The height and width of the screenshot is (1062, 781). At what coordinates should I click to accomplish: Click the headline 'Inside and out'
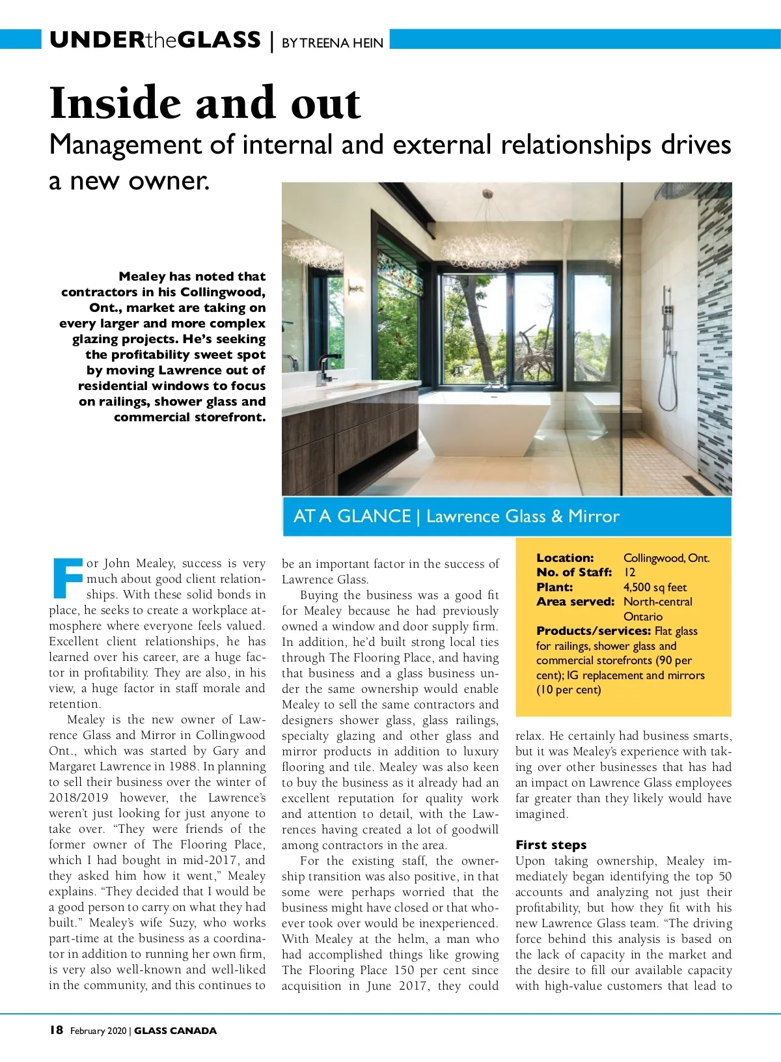[205, 103]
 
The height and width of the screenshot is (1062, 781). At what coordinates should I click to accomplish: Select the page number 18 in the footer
[57, 1029]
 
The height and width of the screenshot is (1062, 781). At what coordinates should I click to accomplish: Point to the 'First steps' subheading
[551, 845]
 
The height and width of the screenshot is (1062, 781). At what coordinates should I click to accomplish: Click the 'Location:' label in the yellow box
[565, 558]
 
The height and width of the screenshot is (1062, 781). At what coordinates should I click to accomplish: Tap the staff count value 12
[629, 572]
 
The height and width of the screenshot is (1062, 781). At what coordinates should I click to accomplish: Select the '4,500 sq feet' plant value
[655, 587]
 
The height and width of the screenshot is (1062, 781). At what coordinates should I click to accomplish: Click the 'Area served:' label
[575, 602]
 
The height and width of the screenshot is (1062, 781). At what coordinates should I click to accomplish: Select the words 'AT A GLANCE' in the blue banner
[352, 516]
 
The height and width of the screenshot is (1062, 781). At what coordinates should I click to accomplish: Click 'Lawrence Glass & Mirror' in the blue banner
[523, 516]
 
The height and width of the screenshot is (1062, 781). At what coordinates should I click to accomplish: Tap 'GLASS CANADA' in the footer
[175, 1031]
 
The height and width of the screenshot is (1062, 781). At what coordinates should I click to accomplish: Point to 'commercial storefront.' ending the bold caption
[189, 417]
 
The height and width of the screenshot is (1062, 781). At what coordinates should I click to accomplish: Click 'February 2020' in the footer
[98, 1031]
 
